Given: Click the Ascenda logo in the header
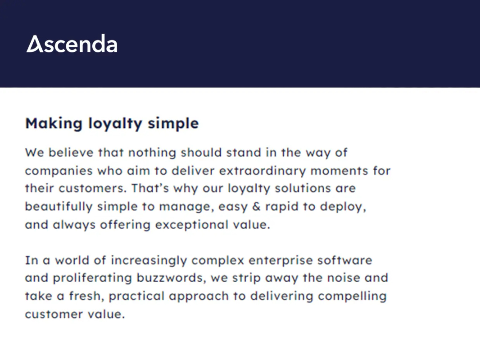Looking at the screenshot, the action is (x=72, y=44).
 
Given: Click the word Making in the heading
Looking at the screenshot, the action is (x=54, y=124).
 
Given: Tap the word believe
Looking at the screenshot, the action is (x=71, y=152).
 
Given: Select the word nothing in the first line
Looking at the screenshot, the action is (x=152, y=153).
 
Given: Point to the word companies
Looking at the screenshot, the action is (x=59, y=171).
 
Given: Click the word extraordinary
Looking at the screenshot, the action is (x=263, y=171).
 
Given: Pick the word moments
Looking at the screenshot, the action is (x=339, y=171).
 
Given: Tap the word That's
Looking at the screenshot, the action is (x=150, y=188).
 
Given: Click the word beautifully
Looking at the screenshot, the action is (x=59, y=207).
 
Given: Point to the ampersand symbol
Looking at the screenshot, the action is (x=256, y=207).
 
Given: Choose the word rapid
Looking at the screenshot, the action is (x=281, y=207).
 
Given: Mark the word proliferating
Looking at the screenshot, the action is (x=92, y=278).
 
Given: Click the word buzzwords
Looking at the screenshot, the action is (x=171, y=278).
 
